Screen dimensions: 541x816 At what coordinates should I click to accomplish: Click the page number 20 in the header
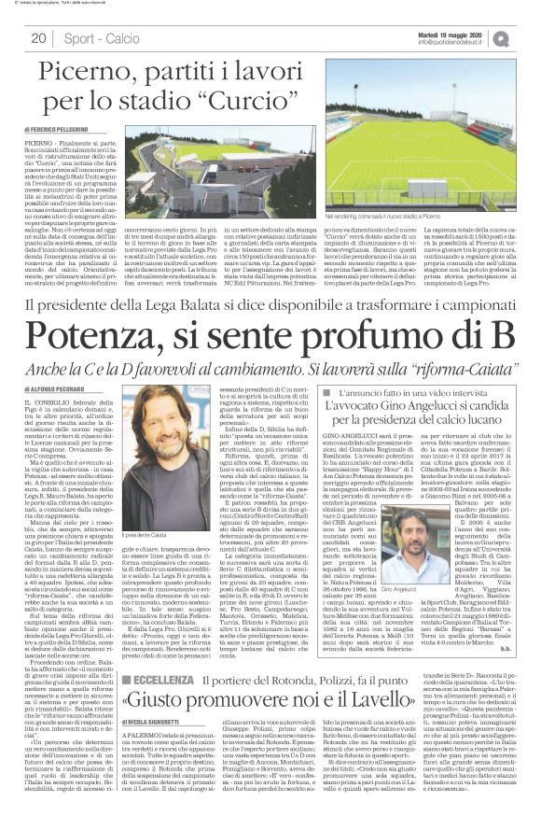[38, 38]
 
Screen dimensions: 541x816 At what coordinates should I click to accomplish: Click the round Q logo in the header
[526, 38]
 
